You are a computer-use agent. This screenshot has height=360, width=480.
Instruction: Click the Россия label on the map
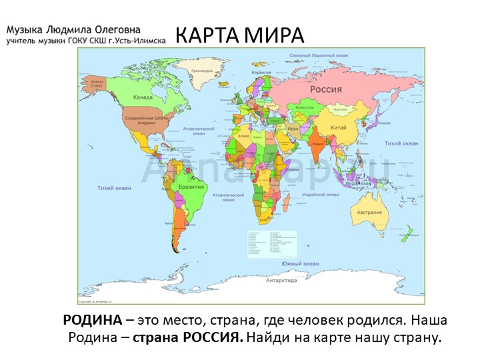[326, 89]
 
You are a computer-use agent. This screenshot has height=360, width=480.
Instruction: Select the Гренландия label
[201, 70]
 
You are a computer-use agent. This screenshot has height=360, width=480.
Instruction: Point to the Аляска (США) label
[97, 83]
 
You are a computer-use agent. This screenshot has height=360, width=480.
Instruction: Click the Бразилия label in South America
[191, 187]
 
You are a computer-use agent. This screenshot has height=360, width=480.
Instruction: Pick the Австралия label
[370, 212]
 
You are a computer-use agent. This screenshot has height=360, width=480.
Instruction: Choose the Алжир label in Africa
[243, 136]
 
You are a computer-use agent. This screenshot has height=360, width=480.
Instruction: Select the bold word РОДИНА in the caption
[92, 320]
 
